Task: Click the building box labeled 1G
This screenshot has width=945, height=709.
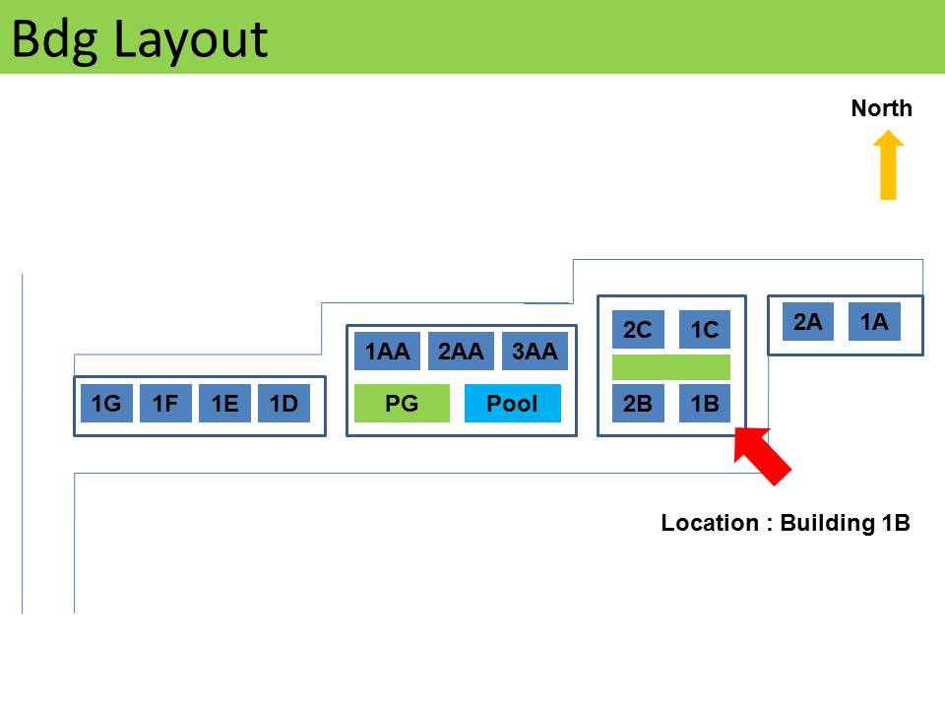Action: pyautogui.click(x=106, y=404)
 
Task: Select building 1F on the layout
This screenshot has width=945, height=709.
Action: pyautogui.click(x=165, y=404)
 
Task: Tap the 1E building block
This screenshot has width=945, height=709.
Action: pyautogui.click(x=224, y=404)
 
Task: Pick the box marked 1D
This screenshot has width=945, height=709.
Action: pyautogui.click(x=283, y=404)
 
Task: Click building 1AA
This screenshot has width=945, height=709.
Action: pyautogui.click(x=388, y=352)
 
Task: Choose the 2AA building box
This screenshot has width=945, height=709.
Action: pyautogui.click(x=461, y=352)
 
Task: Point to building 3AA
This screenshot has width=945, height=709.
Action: pyautogui.click(x=535, y=352)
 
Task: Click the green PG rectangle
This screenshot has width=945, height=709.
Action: pyautogui.click(x=402, y=404)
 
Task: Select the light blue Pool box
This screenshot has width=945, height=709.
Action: pyautogui.click(x=512, y=404)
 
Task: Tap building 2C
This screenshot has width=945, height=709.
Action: pyautogui.click(x=638, y=330)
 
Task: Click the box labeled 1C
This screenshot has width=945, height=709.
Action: pyautogui.click(x=705, y=330)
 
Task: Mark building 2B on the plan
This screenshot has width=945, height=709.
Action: pyautogui.click(x=638, y=404)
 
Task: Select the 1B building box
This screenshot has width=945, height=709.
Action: pyautogui.click(x=705, y=404)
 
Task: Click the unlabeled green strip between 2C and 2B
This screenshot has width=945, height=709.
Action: pyautogui.click(x=671, y=367)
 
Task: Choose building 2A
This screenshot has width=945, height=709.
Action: pyautogui.click(x=808, y=322)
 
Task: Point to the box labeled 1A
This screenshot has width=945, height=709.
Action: pyautogui.click(x=874, y=322)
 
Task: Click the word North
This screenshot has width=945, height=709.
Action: pyautogui.click(x=881, y=108)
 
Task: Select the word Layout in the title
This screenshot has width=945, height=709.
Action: pyautogui.click(x=191, y=39)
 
